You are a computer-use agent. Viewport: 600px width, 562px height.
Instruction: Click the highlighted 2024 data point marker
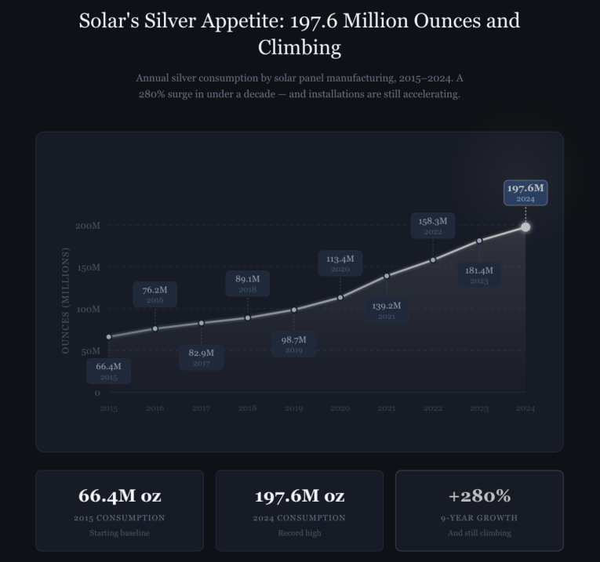point(525,227)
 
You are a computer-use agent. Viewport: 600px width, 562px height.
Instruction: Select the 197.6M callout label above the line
point(525,193)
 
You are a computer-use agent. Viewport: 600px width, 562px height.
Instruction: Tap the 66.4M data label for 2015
point(108,371)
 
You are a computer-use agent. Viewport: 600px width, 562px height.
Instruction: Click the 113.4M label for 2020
point(340,263)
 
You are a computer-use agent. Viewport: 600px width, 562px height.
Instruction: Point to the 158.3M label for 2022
point(433,226)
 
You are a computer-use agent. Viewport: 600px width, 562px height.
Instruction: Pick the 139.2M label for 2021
point(387,310)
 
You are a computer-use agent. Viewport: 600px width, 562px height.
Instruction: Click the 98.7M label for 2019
point(294,344)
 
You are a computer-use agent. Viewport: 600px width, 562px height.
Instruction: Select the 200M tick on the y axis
point(88,226)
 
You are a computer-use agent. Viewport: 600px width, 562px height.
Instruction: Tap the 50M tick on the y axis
point(90,351)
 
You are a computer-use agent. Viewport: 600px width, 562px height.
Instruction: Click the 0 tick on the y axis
point(97,393)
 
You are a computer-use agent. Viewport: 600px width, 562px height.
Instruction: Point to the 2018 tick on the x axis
point(248,408)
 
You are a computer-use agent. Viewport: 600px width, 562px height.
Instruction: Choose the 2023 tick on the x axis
point(479,408)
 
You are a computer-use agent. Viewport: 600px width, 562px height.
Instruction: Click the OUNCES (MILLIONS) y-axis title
point(66,300)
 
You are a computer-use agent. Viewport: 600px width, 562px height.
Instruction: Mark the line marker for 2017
point(202,323)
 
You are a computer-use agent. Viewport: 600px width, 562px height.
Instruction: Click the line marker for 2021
point(387,276)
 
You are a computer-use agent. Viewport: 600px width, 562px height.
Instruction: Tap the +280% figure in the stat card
point(479,496)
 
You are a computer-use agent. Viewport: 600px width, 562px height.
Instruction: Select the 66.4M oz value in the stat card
point(119,496)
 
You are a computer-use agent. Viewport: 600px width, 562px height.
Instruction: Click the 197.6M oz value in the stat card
point(300,496)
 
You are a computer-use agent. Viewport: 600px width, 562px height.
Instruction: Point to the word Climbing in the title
point(300,48)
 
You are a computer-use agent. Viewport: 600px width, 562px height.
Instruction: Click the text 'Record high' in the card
point(300,533)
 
